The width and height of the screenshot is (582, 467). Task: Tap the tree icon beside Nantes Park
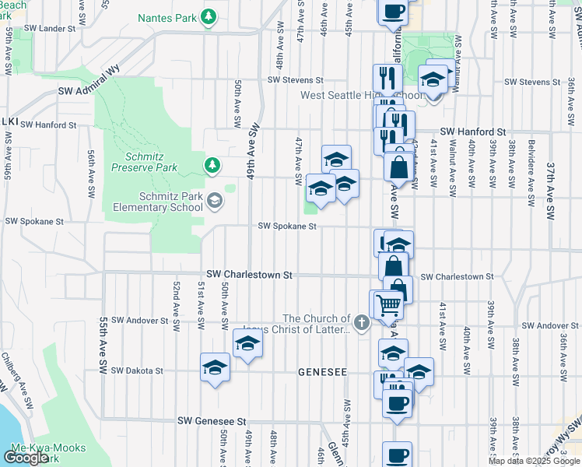pyautogui.click(x=209, y=16)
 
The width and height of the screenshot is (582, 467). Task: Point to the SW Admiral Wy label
pyautogui.click(x=92, y=90)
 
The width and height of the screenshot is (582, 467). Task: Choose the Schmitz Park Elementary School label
pyautogui.click(x=159, y=202)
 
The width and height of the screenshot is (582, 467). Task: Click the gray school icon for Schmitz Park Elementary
pyautogui.click(x=214, y=202)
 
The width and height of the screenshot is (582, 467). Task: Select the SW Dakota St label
pyautogui.click(x=137, y=371)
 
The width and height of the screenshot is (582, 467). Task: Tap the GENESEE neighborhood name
pyautogui.click(x=322, y=373)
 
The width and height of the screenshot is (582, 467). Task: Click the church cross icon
pyautogui.click(x=361, y=322)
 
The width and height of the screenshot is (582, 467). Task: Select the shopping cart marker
pyautogui.click(x=387, y=304)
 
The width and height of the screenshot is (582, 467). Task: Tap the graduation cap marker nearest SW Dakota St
pyautogui.click(x=215, y=368)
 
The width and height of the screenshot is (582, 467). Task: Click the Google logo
pyautogui.click(x=26, y=458)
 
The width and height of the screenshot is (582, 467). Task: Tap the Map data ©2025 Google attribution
pyautogui.click(x=534, y=461)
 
